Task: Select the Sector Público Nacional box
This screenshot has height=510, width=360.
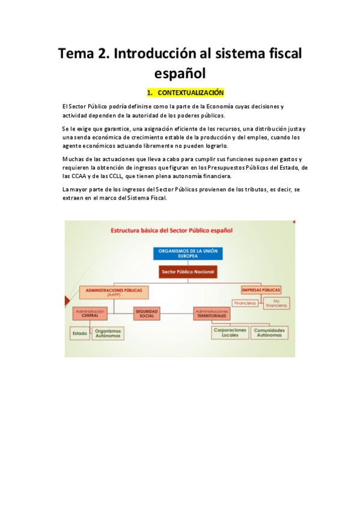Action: [188, 272]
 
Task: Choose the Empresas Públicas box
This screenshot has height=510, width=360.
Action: [261, 289]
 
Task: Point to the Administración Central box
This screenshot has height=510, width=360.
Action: [90, 313]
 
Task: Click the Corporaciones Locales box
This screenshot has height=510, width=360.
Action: [229, 333]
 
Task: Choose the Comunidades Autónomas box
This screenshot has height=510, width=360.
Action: [269, 333]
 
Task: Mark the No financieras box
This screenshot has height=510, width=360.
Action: [276, 303]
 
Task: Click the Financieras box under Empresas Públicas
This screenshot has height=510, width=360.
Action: [245, 303]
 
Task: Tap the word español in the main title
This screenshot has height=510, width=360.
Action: [180, 73]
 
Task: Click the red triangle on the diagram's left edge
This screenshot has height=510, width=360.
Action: [66, 301]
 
